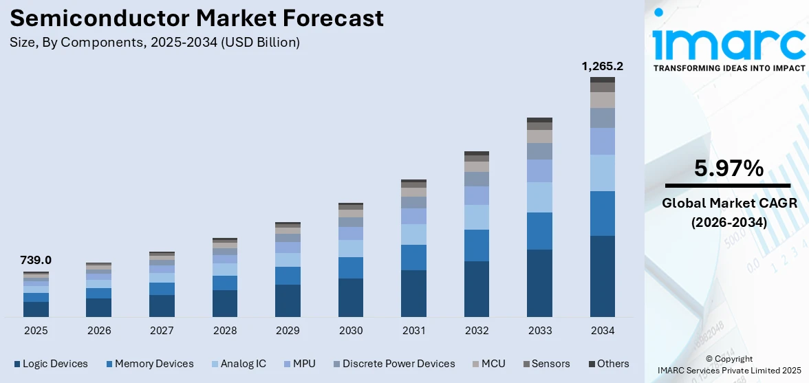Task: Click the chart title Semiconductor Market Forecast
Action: point(197,19)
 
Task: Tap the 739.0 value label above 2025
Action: point(36,260)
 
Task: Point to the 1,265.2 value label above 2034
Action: point(602,67)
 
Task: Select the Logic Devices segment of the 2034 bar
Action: point(602,276)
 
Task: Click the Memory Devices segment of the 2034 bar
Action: point(602,213)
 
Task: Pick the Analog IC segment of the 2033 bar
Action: point(539,197)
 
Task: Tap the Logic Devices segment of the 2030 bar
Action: point(350,297)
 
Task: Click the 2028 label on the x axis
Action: point(225,331)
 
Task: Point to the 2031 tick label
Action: point(413,331)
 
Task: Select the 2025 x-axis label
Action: point(36,331)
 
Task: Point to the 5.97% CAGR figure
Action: point(729,168)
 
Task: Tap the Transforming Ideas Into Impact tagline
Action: point(729,68)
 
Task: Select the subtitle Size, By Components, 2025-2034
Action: point(155,43)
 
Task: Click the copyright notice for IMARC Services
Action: point(729,364)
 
